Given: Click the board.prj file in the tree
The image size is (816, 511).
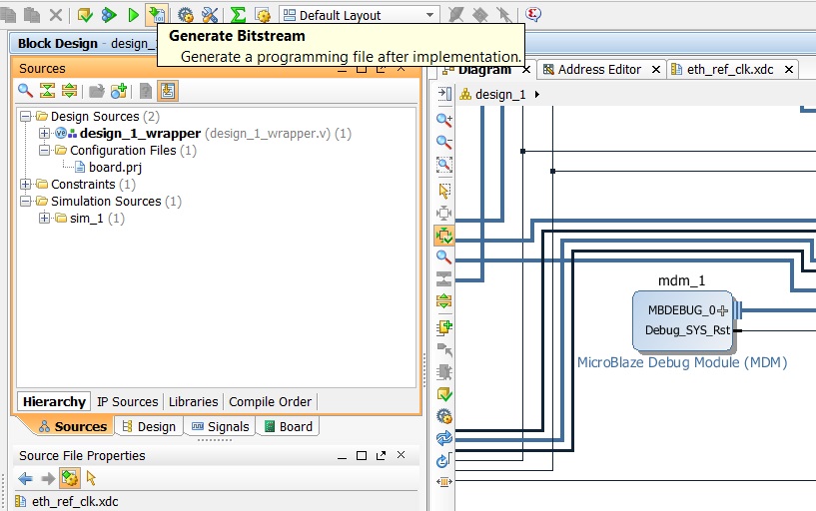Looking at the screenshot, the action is tap(115, 168).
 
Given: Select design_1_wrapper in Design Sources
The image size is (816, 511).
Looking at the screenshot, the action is tap(140, 134).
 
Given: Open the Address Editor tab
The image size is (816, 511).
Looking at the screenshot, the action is tap(599, 70).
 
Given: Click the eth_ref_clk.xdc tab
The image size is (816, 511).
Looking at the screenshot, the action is tap(730, 70).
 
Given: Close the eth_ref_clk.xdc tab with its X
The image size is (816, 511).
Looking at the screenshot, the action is tap(789, 69).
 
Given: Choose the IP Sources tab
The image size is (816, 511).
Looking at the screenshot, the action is tap(128, 402).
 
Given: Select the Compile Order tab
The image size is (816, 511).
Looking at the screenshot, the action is tap(270, 402).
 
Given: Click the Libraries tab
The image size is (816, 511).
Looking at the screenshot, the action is tap(193, 402).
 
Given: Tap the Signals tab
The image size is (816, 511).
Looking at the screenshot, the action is tap(220, 427).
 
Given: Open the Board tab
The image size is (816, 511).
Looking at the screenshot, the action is tap(289, 427).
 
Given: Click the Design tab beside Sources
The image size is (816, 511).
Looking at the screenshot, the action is tap(149, 427).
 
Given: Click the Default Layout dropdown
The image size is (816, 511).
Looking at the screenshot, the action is tap(360, 15).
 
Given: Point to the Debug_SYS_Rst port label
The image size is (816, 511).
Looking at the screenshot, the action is tap(687, 330).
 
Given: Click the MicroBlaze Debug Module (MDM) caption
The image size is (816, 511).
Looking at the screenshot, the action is tap(682, 362).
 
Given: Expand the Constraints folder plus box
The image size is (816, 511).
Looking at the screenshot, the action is tap(25, 184).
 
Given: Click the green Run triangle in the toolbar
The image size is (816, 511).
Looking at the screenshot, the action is tap(133, 15).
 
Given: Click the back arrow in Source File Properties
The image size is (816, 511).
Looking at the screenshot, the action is tap(25, 478).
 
